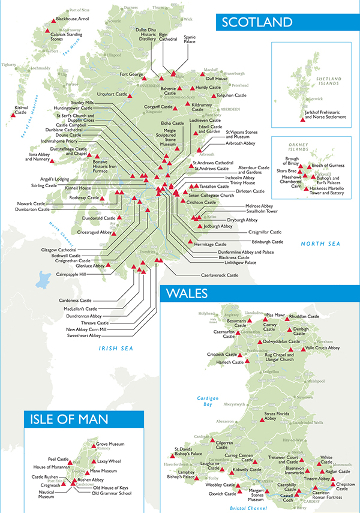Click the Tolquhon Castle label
[x=231, y=95]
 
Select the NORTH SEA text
[x=319, y=243]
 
